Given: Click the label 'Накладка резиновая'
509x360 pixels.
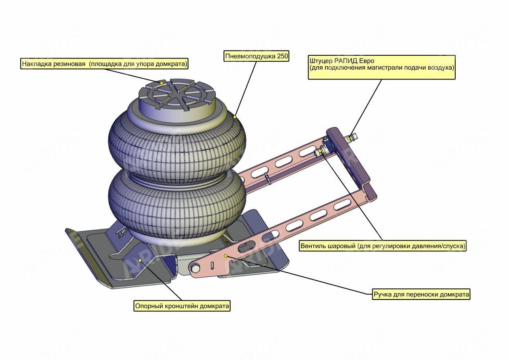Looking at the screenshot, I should pyautogui.click(x=105, y=64).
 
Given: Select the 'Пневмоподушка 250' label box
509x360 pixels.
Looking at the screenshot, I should pyautogui.click(x=256, y=56).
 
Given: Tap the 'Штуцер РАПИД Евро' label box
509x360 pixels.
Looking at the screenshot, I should pyautogui.click(x=381, y=64).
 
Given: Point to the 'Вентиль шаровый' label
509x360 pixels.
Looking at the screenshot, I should pyautogui.click(x=383, y=246).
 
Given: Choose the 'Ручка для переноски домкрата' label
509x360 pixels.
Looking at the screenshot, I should pyautogui.click(x=421, y=295).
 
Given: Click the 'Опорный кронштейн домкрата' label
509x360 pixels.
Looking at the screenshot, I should pyautogui.click(x=182, y=306).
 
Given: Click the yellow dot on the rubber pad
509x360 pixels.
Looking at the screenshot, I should pyautogui.click(x=162, y=83).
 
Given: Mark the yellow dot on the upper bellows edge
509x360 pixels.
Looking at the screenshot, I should pyautogui.click(x=235, y=117).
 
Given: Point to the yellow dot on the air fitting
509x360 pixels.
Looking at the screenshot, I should pyautogui.click(x=349, y=138).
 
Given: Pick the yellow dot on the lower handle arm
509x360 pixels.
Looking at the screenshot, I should pyautogui.click(x=225, y=256).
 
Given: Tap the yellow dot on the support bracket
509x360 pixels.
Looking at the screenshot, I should pyautogui.click(x=140, y=260).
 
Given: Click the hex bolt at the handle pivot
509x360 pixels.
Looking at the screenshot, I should pyautogui.click(x=196, y=269).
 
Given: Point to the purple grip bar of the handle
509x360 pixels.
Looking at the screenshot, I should pyautogui.click(x=348, y=157).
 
